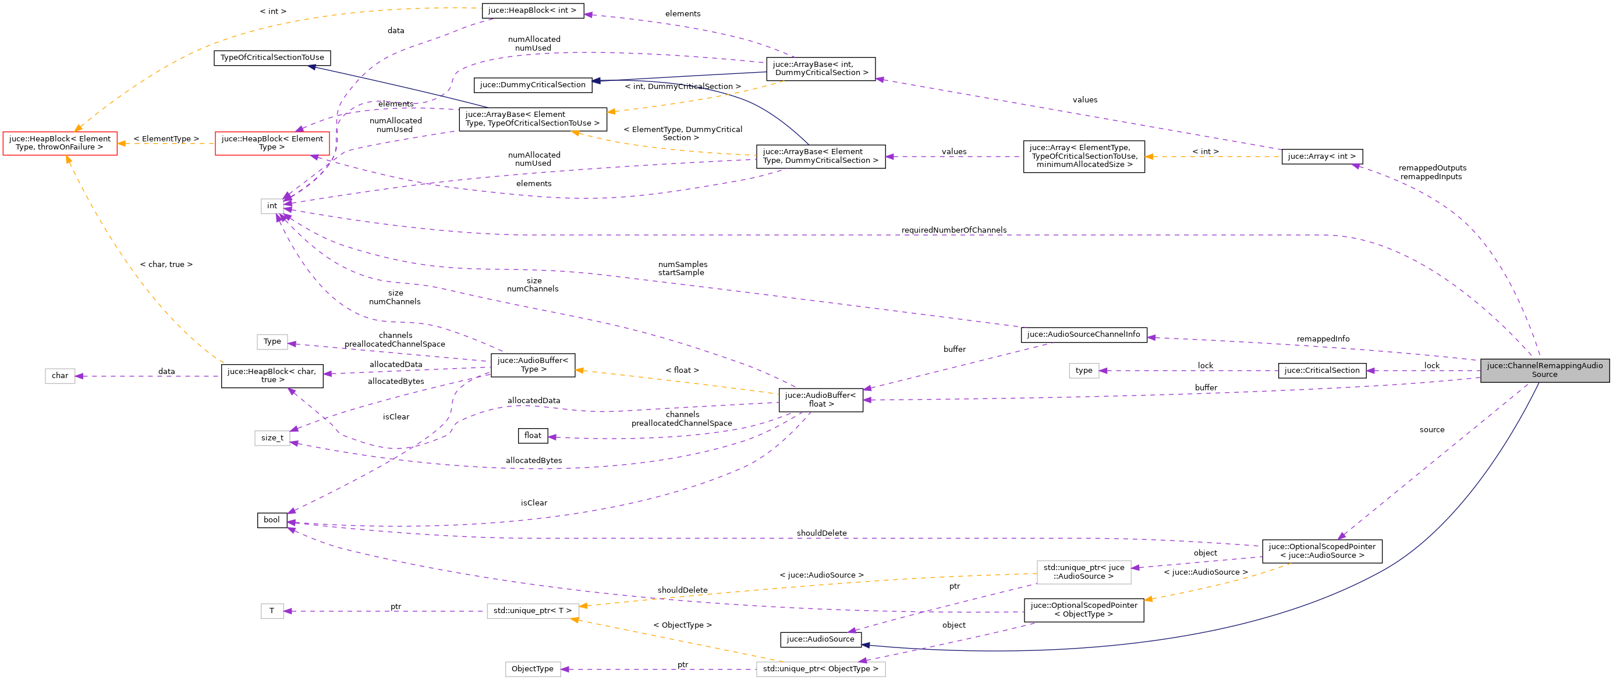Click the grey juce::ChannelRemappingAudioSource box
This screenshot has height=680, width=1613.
click(x=1544, y=371)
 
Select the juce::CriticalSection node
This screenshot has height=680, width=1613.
click(x=1321, y=371)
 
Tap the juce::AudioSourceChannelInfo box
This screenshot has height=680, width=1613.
click(x=1083, y=334)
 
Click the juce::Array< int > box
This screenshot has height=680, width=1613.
click(x=1321, y=156)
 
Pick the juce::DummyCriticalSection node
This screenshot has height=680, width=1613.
click(x=532, y=85)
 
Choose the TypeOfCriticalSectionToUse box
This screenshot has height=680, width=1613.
click(x=272, y=58)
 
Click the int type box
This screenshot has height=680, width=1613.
click(x=272, y=206)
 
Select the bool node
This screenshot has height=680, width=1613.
click(x=272, y=520)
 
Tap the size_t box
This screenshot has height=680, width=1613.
click(x=272, y=438)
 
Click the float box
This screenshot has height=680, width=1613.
click(x=532, y=436)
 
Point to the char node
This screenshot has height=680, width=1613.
click(x=59, y=376)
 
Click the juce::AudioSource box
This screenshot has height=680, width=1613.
click(x=820, y=639)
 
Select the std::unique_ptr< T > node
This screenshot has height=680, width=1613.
click(x=532, y=611)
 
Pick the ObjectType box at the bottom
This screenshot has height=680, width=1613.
click(x=532, y=669)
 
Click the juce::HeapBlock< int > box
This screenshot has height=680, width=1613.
click(x=532, y=10)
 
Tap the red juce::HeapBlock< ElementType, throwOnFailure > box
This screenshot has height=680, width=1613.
click(x=59, y=143)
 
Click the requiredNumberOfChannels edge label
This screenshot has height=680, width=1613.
click(x=953, y=230)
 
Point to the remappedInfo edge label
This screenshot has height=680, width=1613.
click(x=1323, y=339)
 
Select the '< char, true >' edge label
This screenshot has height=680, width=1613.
click(x=166, y=265)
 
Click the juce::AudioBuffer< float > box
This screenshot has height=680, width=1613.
click(x=820, y=400)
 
